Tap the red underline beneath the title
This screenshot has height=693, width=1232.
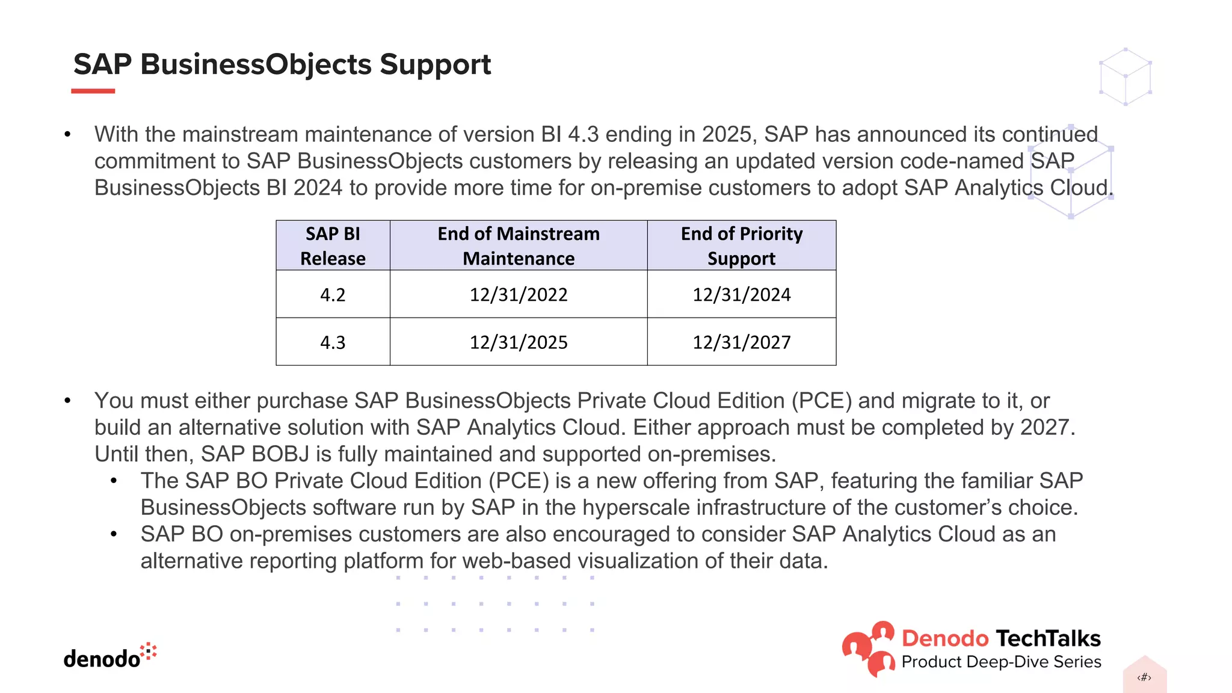tap(93, 91)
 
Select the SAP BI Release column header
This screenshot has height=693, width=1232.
tap(333, 245)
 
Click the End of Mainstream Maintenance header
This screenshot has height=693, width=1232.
tap(518, 245)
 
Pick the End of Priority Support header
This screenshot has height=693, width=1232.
tap(741, 245)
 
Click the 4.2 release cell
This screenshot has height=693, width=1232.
tap(333, 295)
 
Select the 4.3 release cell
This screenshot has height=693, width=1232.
tap(333, 342)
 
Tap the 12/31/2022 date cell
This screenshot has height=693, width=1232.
tap(518, 295)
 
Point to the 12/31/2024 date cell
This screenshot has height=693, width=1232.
tap(741, 295)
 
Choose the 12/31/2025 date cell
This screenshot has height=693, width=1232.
tap(518, 342)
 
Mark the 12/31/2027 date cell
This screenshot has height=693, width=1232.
tap(741, 342)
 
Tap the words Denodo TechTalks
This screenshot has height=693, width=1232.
tap(1000, 638)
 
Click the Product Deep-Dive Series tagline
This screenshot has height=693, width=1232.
tap(1001, 662)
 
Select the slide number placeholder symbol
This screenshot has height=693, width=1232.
tap(1144, 677)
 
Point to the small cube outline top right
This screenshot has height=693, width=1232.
tap(1125, 77)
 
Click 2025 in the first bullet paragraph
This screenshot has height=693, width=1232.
tap(727, 134)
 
